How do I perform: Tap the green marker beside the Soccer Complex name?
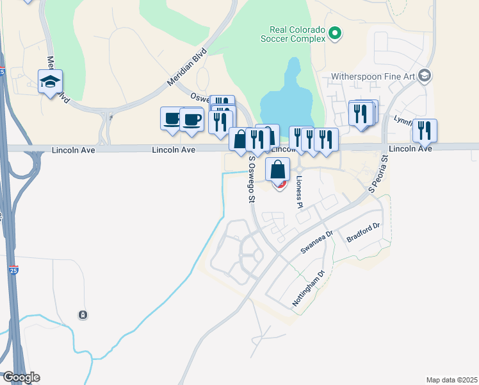click(x=335, y=33)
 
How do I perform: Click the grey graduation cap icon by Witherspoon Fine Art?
click(x=424, y=76)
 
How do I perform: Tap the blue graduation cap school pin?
click(x=50, y=82)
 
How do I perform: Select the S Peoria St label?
click(x=378, y=174)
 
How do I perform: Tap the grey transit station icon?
click(x=83, y=314)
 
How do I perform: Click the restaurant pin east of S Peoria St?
click(x=425, y=130)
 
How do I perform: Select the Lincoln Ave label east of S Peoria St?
click(x=410, y=148)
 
